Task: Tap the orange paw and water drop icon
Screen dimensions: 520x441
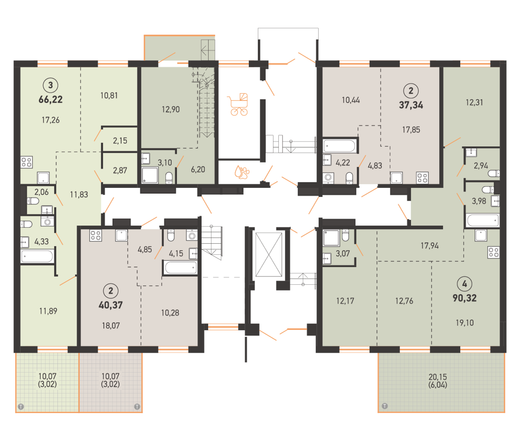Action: click(242, 172)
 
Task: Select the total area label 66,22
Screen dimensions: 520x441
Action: click(51, 99)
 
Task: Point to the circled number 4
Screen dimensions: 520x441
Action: click(464, 284)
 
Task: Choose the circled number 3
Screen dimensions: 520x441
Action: click(51, 85)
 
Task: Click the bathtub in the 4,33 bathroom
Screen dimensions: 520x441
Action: click(37, 256)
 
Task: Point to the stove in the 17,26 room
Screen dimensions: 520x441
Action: click(26, 162)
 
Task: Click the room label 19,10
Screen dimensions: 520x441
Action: click(464, 323)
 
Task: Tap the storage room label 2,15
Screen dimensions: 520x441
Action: click(120, 141)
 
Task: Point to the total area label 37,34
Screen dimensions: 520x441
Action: click(411, 105)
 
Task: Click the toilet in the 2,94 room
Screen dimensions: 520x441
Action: click(494, 173)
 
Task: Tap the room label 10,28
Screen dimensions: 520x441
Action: click(170, 313)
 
